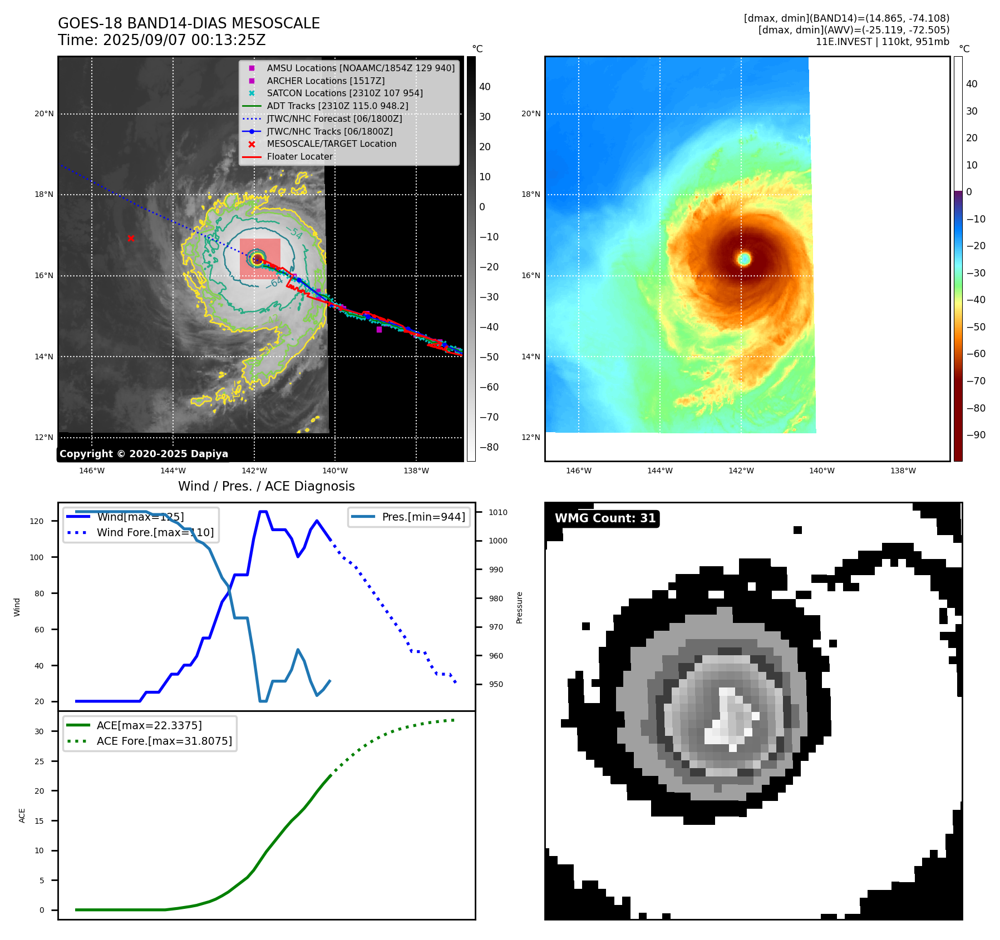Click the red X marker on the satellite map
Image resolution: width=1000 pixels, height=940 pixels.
tap(131, 239)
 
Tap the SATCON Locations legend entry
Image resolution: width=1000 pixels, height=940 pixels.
tap(344, 93)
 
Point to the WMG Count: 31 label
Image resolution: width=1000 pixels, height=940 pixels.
tap(605, 518)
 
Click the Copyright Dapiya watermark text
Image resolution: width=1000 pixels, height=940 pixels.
tap(144, 454)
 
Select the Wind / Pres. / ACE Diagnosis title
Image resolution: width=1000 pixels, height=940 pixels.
tap(266, 486)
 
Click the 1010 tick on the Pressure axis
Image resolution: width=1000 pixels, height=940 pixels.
tap(498, 512)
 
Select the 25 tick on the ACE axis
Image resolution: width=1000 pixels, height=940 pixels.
tap(39, 761)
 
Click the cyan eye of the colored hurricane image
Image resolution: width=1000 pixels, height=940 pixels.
tap(744, 259)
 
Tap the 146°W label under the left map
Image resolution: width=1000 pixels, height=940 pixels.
tap(92, 471)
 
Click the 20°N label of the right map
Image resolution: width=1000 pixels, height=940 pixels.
tap(531, 114)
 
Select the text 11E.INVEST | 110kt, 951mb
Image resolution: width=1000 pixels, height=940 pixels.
tap(882, 42)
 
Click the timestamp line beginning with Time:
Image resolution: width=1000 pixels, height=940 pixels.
tap(161, 40)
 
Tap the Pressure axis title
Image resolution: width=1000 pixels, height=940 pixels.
tap(519, 607)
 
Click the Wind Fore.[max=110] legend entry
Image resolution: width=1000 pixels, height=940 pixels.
tap(155, 532)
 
